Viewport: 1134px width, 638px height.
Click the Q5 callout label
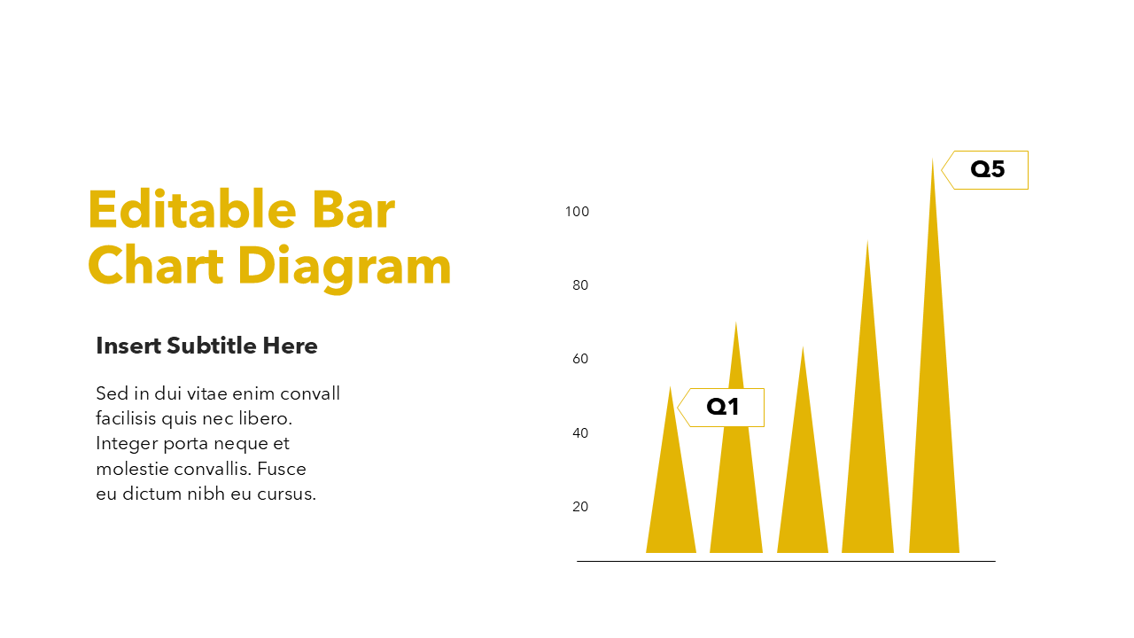(985, 170)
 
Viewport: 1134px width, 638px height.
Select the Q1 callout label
(721, 408)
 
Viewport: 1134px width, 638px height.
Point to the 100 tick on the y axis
(577, 212)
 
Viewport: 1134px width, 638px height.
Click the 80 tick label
(580, 285)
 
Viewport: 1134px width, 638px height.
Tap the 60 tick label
(580, 359)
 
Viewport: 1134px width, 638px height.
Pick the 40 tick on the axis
(580, 433)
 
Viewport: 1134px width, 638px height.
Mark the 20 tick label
(580, 506)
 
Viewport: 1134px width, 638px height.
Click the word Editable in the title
(192, 210)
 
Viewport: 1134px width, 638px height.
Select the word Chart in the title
(155, 265)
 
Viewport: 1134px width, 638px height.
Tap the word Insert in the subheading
(128, 346)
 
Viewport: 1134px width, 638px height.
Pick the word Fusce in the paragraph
(282, 469)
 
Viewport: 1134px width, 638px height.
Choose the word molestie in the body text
(132, 469)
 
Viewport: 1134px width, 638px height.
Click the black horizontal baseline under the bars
(786, 561)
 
